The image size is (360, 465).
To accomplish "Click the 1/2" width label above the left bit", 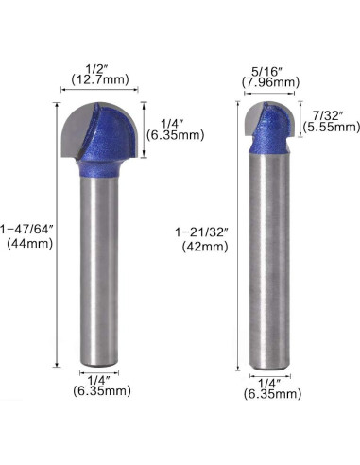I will click(94, 69).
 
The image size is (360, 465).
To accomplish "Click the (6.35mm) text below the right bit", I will click(270, 397).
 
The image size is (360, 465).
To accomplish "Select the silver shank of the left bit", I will click(98, 274).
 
